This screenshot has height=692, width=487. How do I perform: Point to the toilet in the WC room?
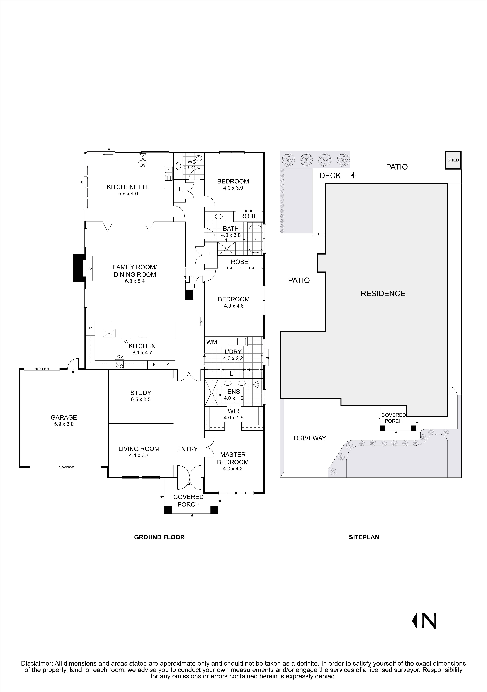[x=199, y=158]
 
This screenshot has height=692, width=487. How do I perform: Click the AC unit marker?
[x=202, y=322]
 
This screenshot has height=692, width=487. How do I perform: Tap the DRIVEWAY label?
[x=310, y=438]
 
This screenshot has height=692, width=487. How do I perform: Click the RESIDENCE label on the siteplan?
[x=383, y=294]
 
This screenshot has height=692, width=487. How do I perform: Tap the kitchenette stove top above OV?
[x=143, y=157]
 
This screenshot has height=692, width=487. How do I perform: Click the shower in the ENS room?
[x=212, y=393]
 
